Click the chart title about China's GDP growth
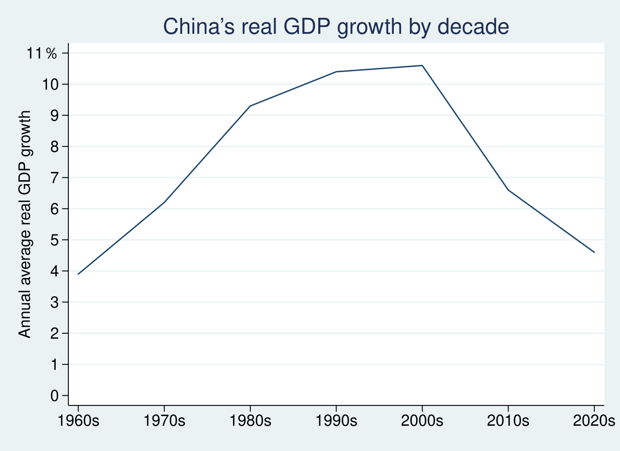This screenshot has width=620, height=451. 336,27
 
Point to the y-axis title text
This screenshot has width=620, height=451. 25,224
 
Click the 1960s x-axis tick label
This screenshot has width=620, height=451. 78,420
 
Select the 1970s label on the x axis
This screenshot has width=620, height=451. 164,420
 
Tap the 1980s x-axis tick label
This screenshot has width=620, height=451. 250,420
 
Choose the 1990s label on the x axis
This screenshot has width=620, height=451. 336,420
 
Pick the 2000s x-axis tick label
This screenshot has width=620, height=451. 422,420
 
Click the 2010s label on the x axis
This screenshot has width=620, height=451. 508,420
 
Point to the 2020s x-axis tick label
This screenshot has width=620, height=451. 593,420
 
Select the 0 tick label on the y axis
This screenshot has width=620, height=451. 54,396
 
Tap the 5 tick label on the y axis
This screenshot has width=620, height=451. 54,240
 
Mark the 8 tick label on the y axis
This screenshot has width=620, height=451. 54,147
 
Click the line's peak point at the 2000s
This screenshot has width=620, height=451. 422,65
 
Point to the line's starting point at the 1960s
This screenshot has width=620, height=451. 78,274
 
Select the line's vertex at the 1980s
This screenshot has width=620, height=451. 250,106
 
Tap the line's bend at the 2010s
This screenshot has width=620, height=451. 508,190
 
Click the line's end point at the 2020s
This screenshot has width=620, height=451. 594,252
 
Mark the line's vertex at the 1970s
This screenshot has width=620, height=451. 164,202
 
